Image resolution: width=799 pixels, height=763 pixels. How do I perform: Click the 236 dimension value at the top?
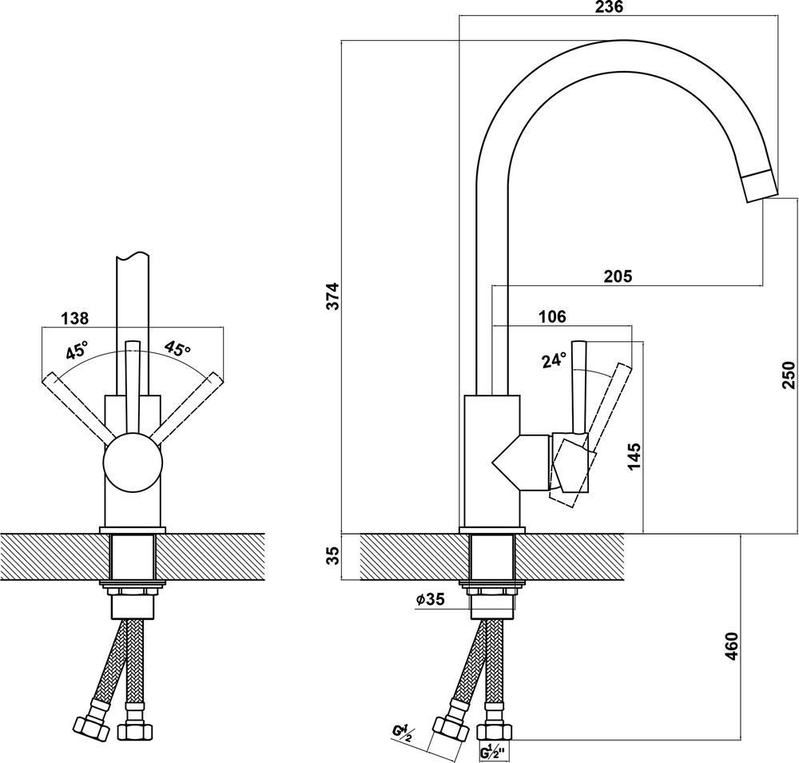pos(609,7)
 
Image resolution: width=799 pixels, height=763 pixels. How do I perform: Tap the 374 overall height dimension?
pos(333,296)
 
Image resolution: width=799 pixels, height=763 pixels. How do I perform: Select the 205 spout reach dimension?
pos(618,276)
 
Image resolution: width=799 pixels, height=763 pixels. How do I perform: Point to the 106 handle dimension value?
pos(552,316)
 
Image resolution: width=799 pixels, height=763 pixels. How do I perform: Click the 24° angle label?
pos(554,360)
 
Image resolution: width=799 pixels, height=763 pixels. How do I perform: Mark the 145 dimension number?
pos(636,457)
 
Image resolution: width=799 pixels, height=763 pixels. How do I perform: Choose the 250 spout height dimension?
pos(789,375)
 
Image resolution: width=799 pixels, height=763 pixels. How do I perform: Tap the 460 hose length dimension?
pos(731,646)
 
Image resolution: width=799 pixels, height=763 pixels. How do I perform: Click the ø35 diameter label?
pos(430,599)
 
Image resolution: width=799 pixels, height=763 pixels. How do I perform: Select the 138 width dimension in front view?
pos(75,318)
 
